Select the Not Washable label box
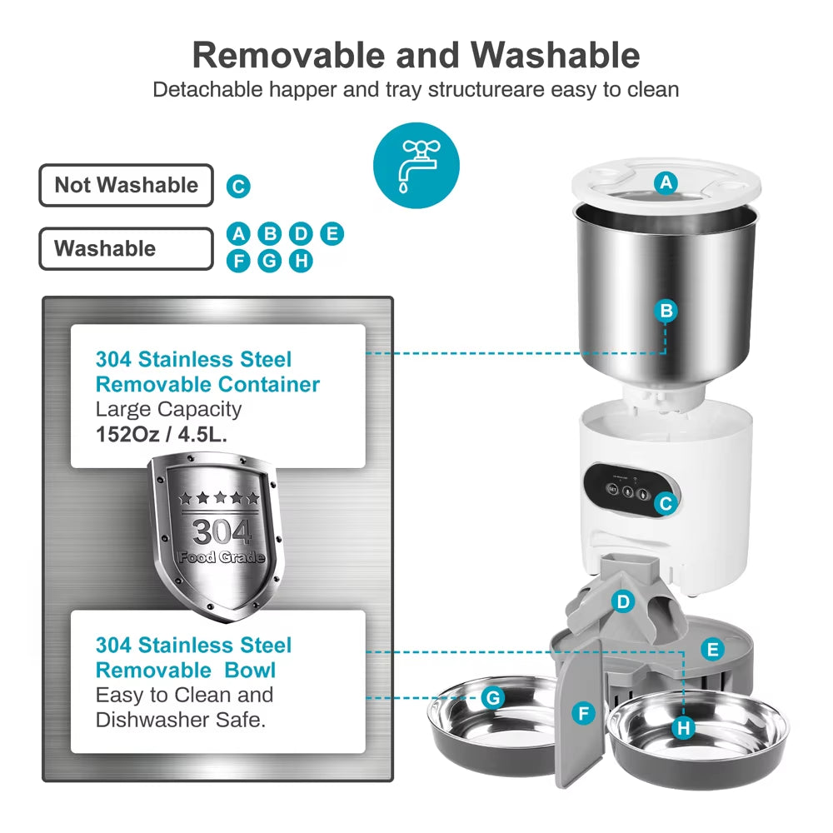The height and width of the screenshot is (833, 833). click(x=126, y=185)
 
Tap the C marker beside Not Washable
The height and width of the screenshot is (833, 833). click(x=238, y=186)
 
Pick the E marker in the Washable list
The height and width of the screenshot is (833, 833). click(x=332, y=234)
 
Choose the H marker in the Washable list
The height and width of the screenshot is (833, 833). click(x=301, y=261)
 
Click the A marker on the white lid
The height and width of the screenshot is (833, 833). click(x=665, y=182)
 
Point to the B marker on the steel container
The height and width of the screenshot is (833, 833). click(x=666, y=311)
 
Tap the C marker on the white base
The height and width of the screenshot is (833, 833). click(x=664, y=503)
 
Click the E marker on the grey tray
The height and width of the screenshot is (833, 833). click(x=712, y=650)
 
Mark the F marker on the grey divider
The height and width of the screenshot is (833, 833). click(x=584, y=713)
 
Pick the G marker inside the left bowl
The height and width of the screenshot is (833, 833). click(x=493, y=697)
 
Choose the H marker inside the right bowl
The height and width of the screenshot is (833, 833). click(x=684, y=728)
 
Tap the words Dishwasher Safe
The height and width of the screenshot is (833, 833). click(x=181, y=720)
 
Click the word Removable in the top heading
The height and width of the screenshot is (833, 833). click(x=288, y=55)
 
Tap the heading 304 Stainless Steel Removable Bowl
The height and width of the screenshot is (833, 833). click(x=193, y=657)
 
